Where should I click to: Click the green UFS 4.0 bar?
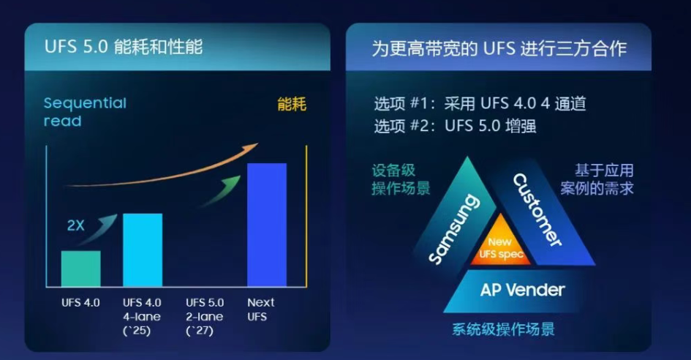point(80,269)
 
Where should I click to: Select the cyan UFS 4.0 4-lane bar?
point(143,250)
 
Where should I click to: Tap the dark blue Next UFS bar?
point(267,225)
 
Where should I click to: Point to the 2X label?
point(75,225)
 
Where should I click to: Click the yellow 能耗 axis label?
point(292,105)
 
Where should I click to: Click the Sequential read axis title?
point(85,112)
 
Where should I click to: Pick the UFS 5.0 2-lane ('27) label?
point(205,317)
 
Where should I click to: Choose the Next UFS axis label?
point(260,310)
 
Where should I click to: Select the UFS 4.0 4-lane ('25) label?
point(142,317)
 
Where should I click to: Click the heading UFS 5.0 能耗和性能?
point(124,47)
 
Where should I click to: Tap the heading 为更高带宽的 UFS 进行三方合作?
point(499,48)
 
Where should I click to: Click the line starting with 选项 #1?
point(480,104)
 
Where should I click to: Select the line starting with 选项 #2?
point(455,126)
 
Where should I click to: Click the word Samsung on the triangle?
point(454,230)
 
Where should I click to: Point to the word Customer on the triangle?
point(537,210)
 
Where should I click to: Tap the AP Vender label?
point(522,290)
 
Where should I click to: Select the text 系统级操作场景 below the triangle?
point(503,329)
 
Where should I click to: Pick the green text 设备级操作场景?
point(401,179)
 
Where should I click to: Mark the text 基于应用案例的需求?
point(597,179)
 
